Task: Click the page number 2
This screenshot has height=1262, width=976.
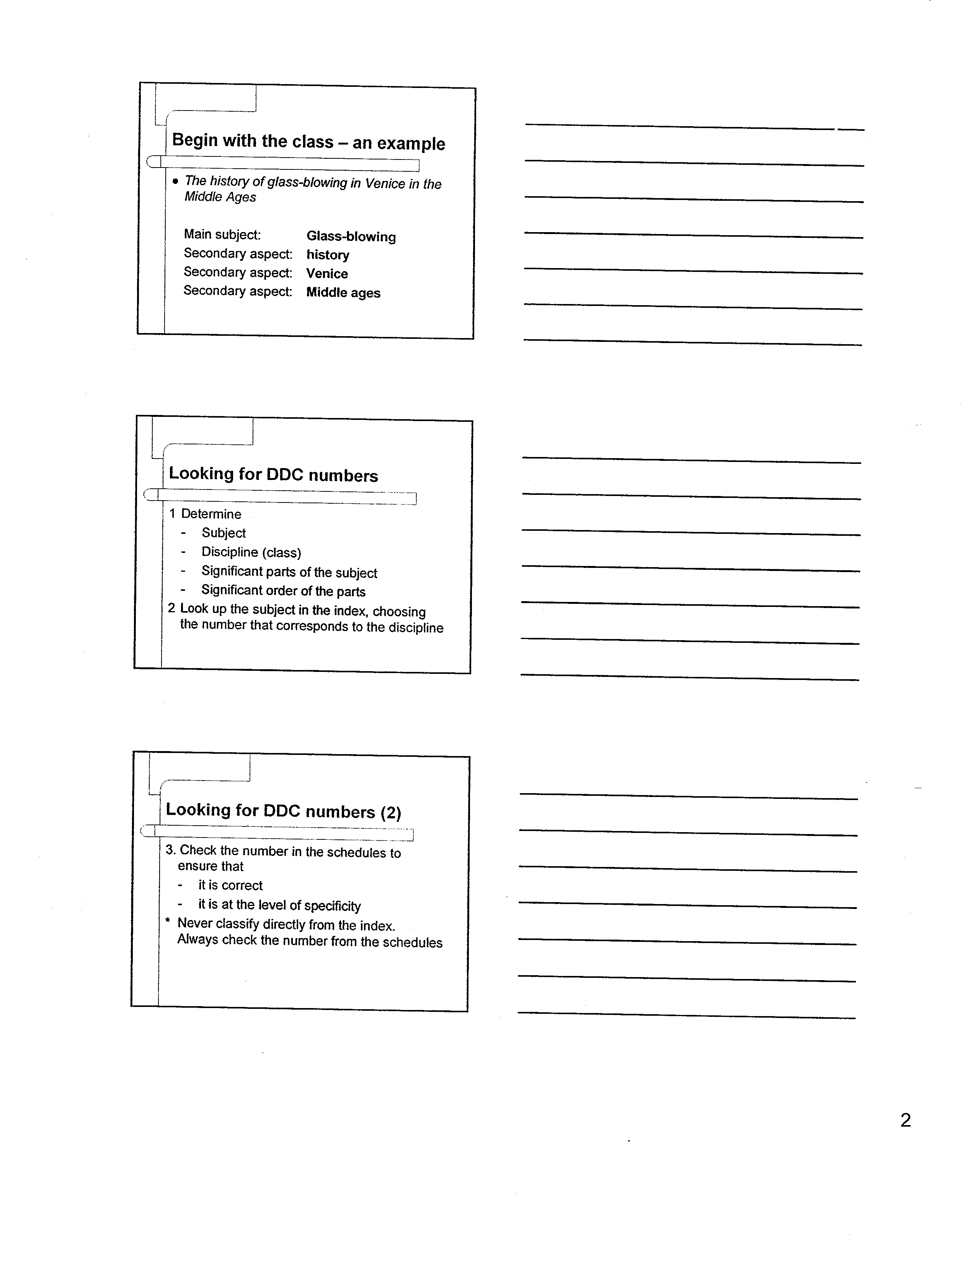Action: (906, 1121)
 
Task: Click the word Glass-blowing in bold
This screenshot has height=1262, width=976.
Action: (351, 236)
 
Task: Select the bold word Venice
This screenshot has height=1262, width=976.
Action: (327, 273)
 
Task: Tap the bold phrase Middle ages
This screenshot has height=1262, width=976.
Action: (343, 293)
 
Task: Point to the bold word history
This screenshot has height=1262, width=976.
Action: (328, 255)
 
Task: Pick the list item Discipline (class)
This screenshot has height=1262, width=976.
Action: (251, 553)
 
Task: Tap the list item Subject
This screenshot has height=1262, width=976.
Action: (224, 533)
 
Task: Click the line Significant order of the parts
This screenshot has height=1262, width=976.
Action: (283, 590)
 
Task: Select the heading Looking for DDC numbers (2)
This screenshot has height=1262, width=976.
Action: (283, 811)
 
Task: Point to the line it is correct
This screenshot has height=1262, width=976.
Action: (230, 885)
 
